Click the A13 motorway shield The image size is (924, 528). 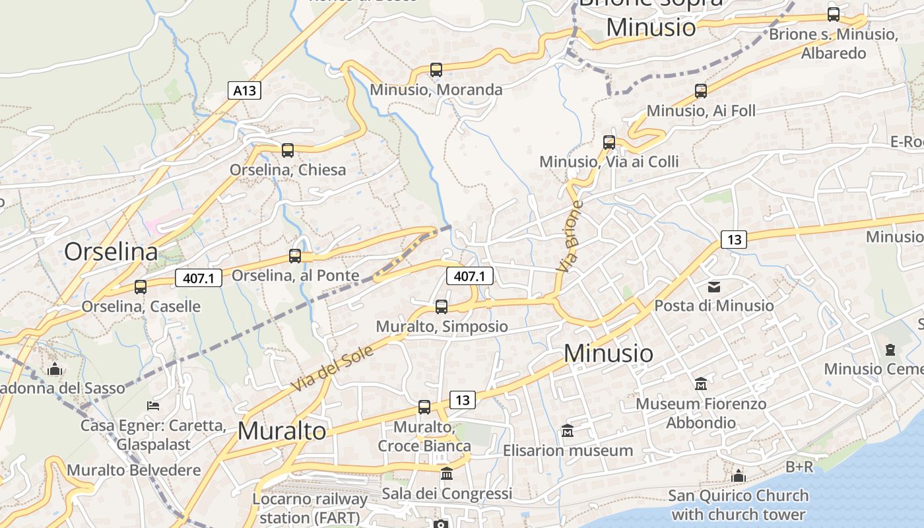click(244, 90)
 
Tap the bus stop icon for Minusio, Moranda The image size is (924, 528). click(436, 69)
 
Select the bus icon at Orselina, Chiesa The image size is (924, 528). click(288, 150)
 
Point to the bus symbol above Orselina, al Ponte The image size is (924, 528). click(295, 256)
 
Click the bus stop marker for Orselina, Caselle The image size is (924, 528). click(141, 286)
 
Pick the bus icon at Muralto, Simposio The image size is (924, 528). click(442, 306)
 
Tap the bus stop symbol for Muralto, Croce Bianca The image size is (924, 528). click(424, 407)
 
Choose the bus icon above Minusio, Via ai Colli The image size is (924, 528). click(609, 142)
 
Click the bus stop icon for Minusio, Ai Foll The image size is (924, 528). click(701, 91)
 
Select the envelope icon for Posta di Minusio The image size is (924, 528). click(714, 286)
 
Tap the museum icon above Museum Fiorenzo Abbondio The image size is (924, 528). click(701, 383)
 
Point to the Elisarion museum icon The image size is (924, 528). click(568, 431)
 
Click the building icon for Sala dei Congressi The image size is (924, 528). click(447, 474)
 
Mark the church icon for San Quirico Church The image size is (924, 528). click(739, 476)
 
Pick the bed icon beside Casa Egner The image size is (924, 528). click(153, 405)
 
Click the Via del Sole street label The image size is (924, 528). click(331, 368)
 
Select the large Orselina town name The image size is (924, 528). click(112, 251)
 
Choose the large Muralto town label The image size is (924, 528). click(282, 431)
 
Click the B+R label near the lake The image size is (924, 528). click(799, 467)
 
